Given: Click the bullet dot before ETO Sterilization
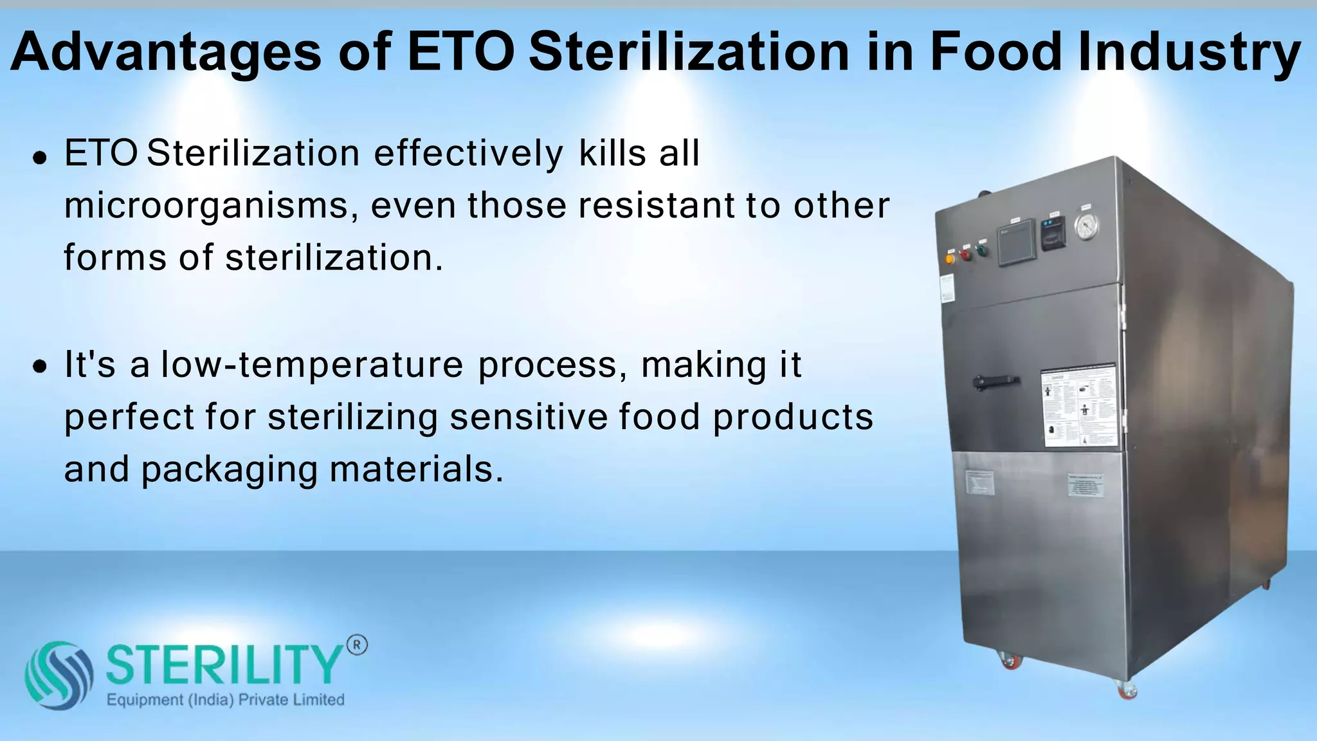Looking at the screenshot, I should coord(40,158).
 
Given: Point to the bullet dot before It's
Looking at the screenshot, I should coord(40,367).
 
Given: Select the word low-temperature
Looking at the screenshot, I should coord(311,365).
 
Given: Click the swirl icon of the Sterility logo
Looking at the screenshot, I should coord(59,675).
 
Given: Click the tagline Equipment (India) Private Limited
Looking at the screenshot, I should coord(225,700).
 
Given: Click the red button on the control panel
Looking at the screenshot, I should coord(965,255).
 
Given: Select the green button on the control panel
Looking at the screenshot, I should coord(982,250).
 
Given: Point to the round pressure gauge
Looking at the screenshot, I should coord(1085,224).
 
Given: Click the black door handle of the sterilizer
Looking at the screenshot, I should coord(987,382).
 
